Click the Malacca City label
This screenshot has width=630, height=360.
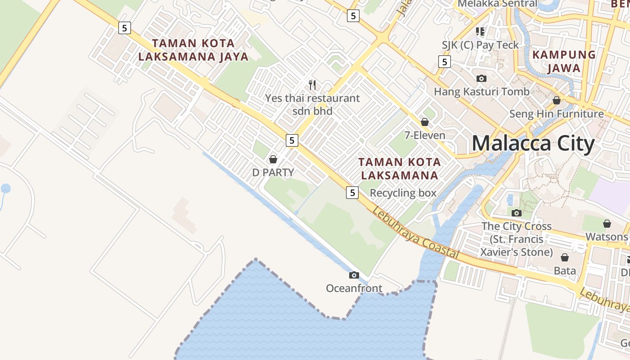point(533,144)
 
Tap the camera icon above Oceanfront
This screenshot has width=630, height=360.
point(354,275)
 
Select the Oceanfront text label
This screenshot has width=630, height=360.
point(354,288)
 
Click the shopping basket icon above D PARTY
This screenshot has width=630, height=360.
point(273,159)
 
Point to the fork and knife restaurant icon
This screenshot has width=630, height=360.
point(312,85)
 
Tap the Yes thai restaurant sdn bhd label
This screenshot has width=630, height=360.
point(312,104)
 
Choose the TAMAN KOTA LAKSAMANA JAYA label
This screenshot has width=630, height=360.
point(193,50)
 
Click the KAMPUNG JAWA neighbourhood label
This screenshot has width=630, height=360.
point(564,62)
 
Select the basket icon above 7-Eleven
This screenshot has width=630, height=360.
point(424,122)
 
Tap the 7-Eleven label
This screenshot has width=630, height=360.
point(424,135)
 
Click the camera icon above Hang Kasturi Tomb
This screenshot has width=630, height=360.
point(481,78)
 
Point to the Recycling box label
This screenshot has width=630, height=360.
point(403,193)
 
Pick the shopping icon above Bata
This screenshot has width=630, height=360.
point(565,257)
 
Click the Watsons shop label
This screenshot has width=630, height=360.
point(606,237)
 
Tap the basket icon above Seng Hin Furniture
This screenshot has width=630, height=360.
point(557,100)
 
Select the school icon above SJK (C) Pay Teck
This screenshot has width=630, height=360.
point(480,31)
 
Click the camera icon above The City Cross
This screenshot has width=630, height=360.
point(517,213)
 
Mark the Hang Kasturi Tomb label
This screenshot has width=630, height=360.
point(481,92)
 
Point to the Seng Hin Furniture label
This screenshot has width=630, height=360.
point(557,114)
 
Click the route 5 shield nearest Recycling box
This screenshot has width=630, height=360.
point(352,193)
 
